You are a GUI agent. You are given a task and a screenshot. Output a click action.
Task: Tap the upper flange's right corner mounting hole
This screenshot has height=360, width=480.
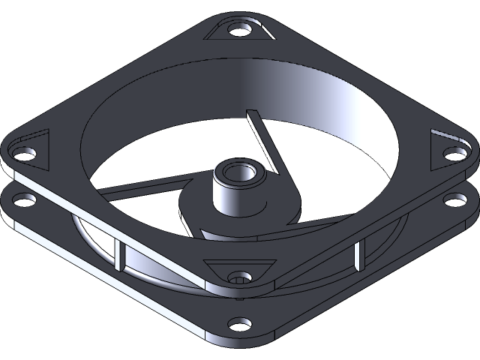point(454,152)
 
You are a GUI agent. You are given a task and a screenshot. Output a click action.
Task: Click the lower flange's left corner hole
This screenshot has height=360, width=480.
point(25,201)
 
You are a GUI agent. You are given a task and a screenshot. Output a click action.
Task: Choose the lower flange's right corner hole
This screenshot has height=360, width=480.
point(455,199)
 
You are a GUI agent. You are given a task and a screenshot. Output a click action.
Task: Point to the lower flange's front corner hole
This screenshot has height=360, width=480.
point(240,325)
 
